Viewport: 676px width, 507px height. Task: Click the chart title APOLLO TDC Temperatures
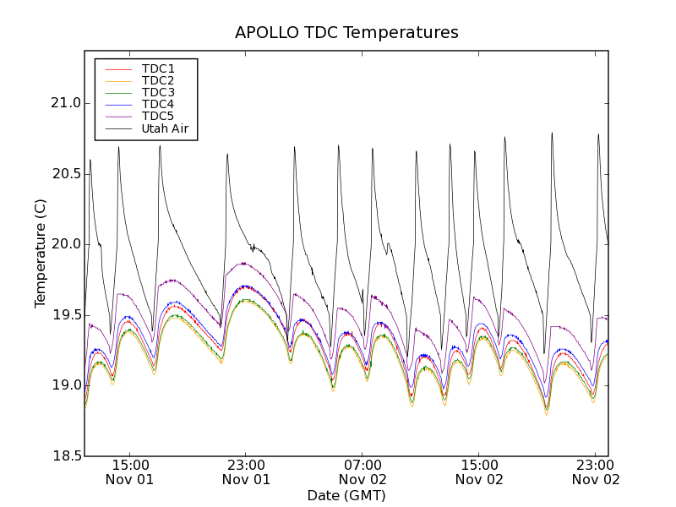pos(346,33)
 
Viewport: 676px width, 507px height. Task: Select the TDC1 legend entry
pos(158,68)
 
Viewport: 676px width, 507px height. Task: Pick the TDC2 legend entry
pos(158,80)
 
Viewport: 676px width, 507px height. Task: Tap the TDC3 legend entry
pos(158,92)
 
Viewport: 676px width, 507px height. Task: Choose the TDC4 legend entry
pos(158,105)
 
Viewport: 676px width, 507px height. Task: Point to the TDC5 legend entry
pos(158,117)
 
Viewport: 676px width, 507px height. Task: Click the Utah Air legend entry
pos(165,129)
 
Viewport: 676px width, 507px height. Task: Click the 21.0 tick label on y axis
pos(65,103)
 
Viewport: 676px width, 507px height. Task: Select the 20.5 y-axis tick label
pos(65,174)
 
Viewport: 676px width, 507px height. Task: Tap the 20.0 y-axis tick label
pos(65,244)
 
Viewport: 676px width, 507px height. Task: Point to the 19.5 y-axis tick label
pos(65,315)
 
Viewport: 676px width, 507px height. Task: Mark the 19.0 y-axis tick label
pos(65,385)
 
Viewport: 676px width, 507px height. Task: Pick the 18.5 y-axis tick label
pos(65,456)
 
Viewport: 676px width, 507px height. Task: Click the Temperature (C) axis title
pos(41,253)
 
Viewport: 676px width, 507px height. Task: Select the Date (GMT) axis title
pos(346,495)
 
